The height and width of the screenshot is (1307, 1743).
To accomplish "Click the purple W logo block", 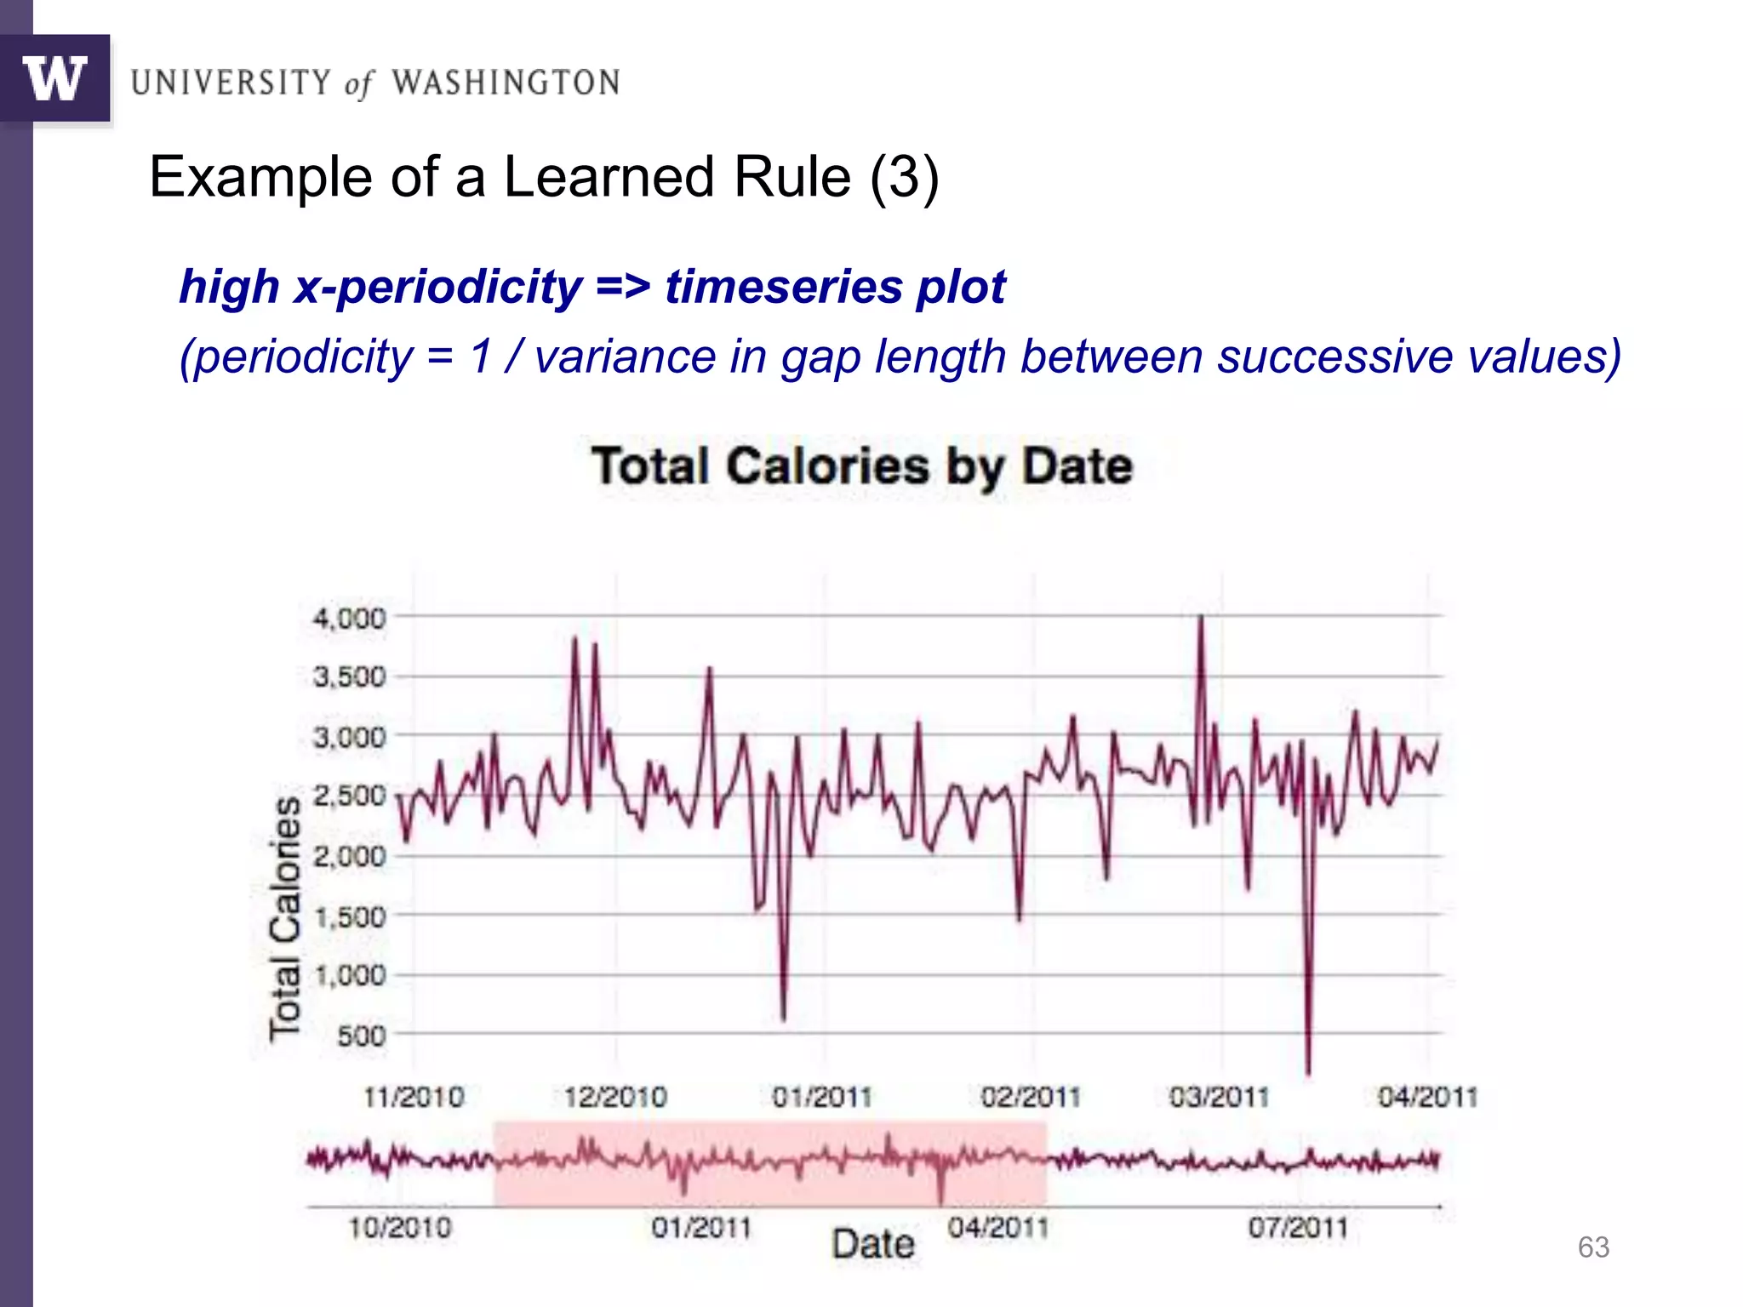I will click(x=55, y=79).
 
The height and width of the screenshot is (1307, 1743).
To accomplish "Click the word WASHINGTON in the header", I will click(x=506, y=83).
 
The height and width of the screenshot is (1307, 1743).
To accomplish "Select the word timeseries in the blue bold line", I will click(x=783, y=286).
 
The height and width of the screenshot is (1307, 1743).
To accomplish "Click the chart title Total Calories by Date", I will click(x=862, y=466).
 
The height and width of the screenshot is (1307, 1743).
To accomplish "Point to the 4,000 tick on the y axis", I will click(x=350, y=619).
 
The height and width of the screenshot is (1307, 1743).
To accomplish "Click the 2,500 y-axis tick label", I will click(x=350, y=796).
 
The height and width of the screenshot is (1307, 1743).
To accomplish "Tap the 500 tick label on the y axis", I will click(x=361, y=1036).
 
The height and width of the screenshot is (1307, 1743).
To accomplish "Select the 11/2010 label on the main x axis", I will click(x=414, y=1097).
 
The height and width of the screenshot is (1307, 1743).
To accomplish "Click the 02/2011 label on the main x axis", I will click(x=1031, y=1097).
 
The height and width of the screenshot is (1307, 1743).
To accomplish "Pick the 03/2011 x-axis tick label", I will click(x=1219, y=1097).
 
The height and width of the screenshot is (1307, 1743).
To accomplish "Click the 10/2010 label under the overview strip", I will click(x=400, y=1228).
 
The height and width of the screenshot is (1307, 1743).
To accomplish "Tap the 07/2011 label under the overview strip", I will click(x=1299, y=1228).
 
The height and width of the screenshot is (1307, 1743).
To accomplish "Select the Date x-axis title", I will click(x=873, y=1245).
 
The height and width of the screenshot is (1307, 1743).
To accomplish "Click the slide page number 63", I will click(x=1593, y=1247).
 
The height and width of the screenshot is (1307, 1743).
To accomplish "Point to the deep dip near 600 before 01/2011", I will click(x=783, y=1017).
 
